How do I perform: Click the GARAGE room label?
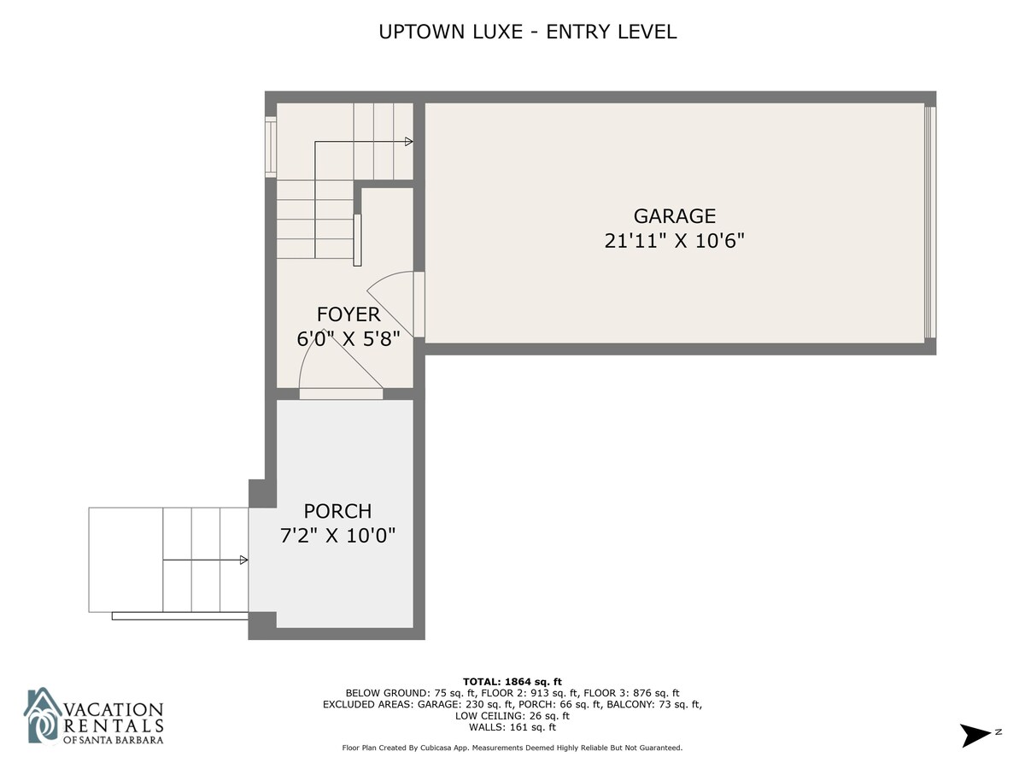674,216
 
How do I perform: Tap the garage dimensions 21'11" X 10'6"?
674,241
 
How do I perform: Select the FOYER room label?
348,314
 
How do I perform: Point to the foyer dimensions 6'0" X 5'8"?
348,338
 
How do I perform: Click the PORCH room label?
337,511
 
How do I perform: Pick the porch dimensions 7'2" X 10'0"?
337,535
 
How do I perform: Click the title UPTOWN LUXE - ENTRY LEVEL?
528,32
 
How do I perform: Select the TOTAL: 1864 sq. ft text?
512,682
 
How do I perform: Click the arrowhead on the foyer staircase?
408,142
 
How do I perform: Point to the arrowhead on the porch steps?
243,560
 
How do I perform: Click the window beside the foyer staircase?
271,147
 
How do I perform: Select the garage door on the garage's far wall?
930,222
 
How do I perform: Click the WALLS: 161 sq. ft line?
512,727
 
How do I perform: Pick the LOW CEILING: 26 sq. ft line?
512,716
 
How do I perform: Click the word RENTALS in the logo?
114,725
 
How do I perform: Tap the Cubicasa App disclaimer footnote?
512,748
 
